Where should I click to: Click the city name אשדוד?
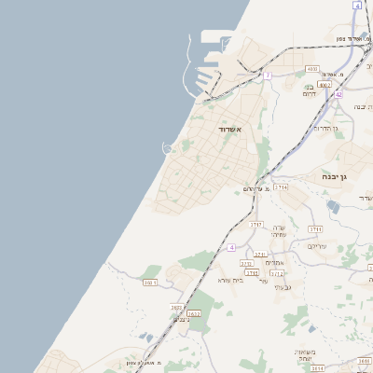pyautogui.click(x=229, y=129)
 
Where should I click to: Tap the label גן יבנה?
pyautogui.click(x=331, y=176)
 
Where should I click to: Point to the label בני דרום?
pyautogui.click(x=311, y=90)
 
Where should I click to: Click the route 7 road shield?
pyautogui.click(x=268, y=75)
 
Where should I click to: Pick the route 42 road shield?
pyautogui.click(x=338, y=94)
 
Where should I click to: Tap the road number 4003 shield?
pyautogui.click(x=312, y=69)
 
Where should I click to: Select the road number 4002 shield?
pyautogui.click(x=325, y=84)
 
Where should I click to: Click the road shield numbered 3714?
pyautogui.click(x=282, y=187)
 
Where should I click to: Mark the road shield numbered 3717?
pyautogui.click(x=256, y=225)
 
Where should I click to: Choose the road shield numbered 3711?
pyautogui.click(x=315, y=228)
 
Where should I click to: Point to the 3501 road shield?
pyautogui.click(x=150, y=282)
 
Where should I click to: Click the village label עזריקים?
pyautogui.click(x=317, y=245)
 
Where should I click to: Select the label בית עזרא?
pyautogui.click(x=230, y=280)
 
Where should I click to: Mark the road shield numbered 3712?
pyautogui.click(x=277, y=274)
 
